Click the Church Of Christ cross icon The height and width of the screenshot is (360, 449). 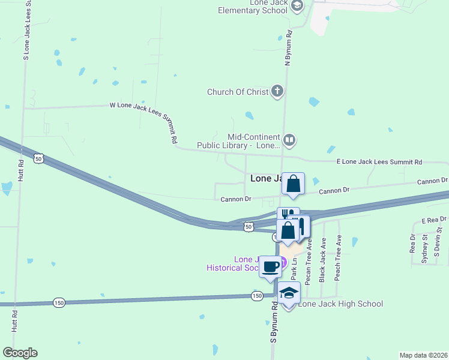point(277,92)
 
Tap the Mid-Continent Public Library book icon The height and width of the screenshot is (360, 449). point(289,140)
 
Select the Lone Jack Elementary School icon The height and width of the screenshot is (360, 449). point(296,5)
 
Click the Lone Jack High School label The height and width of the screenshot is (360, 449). point(340,304)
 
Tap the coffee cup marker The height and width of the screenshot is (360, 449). point(270,265)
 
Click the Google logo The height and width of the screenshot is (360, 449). point(20,353)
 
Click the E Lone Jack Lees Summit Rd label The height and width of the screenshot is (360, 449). point(379,162)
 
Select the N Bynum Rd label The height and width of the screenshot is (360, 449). point(288,47)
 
